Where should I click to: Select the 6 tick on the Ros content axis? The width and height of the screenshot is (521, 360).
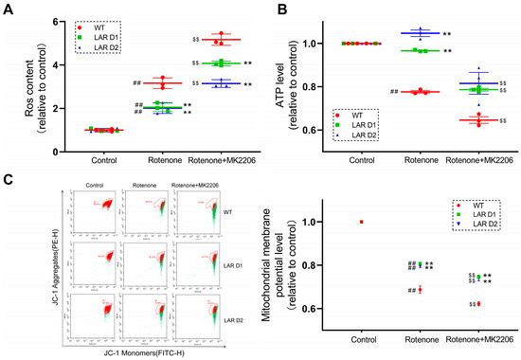pos(58,21)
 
